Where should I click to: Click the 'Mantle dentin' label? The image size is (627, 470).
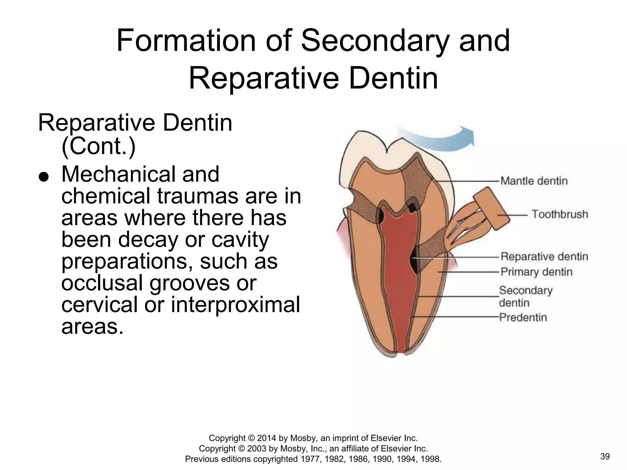tap(534, 181)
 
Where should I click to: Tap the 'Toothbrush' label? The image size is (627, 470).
tap(560, 214)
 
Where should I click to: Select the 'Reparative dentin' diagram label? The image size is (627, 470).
tap(544, 256)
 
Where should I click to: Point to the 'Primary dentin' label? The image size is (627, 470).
tap(536, 272)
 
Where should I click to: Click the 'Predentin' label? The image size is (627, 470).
tap(523, 317)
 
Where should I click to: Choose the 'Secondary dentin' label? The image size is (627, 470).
tap(526, 296)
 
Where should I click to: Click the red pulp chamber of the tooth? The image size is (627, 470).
tap(398, 275)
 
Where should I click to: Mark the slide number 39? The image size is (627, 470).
tap(605, 457)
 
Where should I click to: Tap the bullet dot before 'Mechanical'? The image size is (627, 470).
tap(44, 177)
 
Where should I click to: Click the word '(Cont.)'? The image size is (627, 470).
tap(98, 146)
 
